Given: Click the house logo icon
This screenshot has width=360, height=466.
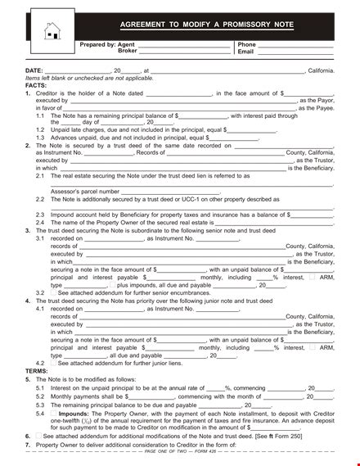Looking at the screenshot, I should click(x=52, y=30).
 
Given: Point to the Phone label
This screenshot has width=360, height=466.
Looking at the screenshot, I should click(x=246, y=44).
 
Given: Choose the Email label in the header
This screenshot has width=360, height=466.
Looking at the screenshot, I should click(x=245, y=51).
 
